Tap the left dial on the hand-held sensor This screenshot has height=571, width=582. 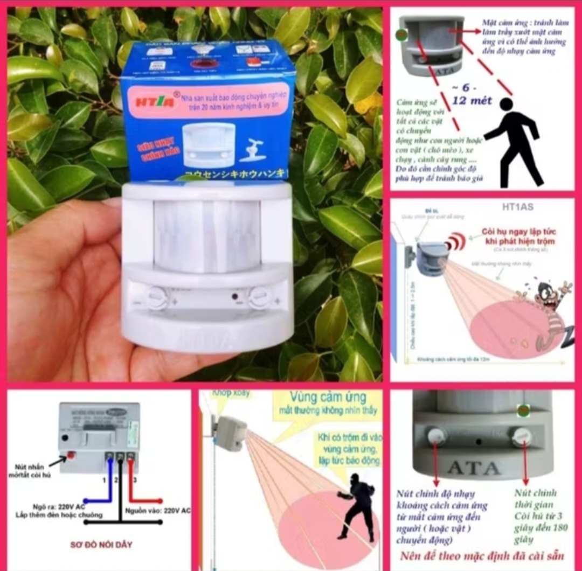point(157,297)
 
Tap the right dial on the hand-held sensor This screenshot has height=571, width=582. point(260,297)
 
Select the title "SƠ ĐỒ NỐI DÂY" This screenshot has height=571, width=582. point(101,545)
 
